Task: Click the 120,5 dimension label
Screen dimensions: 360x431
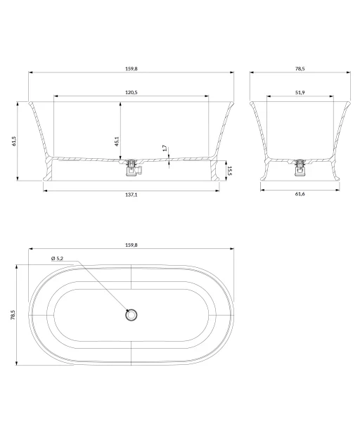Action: point(131,92)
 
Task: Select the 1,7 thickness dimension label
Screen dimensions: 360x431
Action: point(165,148)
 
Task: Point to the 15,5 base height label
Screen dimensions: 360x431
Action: point(230,171)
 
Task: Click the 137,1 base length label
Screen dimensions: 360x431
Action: point(131,195)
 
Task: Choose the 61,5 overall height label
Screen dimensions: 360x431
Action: point(14,141)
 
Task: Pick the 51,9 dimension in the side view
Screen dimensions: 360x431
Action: point(300,92)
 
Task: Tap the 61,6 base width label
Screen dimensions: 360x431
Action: point(300,194)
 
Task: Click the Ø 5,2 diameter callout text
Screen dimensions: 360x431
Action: point(57,258)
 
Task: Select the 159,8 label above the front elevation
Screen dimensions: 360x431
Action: point(131,69)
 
